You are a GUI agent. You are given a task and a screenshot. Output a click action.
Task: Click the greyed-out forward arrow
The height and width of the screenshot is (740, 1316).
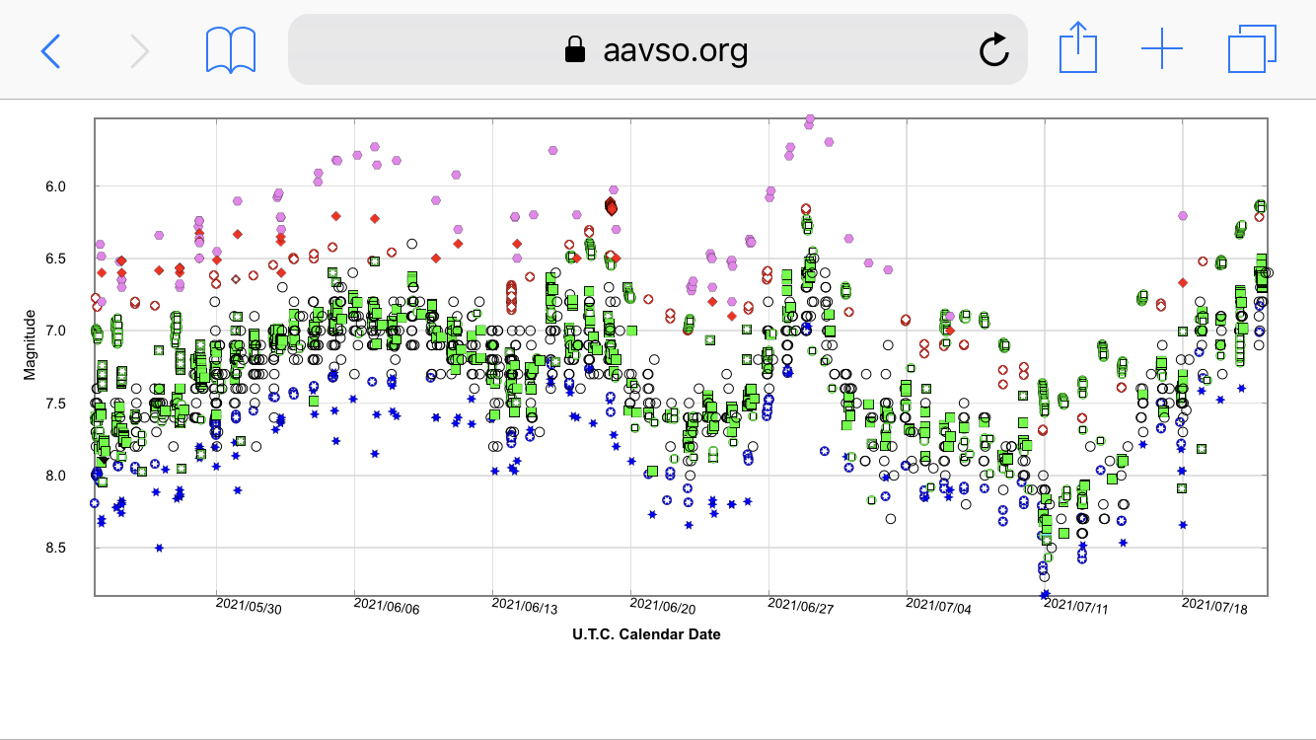point(140,49)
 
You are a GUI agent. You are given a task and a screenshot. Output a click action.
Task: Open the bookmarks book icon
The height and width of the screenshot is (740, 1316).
point(231,49)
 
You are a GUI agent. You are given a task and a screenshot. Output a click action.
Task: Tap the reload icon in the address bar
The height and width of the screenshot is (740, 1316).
point(994,49)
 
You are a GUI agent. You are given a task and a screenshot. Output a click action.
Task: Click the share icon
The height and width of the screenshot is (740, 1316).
point(1078,48)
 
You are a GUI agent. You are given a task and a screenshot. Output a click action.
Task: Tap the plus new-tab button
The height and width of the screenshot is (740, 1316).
point(1161,49)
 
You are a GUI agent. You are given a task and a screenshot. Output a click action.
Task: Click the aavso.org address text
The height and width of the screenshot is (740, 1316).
point(676,49)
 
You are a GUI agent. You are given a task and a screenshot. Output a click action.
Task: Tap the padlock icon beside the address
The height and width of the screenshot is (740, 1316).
point(574,50)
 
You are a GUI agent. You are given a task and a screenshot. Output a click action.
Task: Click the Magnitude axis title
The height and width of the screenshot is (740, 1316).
point(30,345)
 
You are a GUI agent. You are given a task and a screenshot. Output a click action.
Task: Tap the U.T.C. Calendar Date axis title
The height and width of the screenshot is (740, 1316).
point(646,634)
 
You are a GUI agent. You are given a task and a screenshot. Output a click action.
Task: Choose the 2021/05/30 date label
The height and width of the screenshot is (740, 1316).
point(249,608)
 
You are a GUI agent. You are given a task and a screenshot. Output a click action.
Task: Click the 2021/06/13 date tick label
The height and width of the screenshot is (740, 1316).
point(525,608)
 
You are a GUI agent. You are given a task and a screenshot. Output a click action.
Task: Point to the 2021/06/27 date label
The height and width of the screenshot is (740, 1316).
point(801,608)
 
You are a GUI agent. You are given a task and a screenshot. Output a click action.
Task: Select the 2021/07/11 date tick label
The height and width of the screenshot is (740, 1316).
point(1076,608)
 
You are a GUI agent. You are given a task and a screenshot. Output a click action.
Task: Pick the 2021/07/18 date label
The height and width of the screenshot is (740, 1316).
point(1214,608)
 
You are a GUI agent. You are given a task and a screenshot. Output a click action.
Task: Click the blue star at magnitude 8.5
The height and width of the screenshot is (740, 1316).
point(159,548)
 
